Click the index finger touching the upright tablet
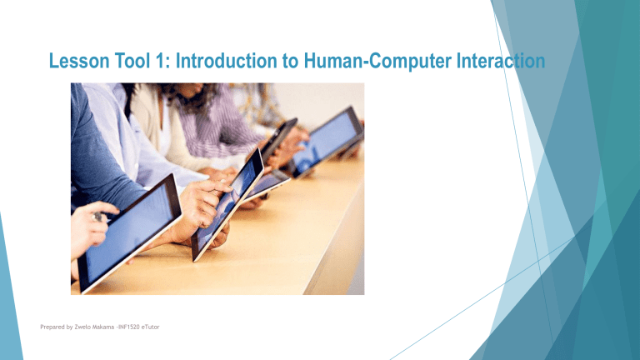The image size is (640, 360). [x=218, y=190]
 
